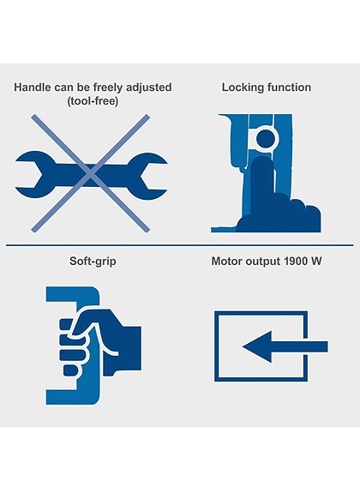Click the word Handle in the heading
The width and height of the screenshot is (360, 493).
(33, 87)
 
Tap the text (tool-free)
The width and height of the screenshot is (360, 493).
(93, 101)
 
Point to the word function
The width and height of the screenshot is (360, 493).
(289, 87)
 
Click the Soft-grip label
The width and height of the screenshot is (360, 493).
(93, 262)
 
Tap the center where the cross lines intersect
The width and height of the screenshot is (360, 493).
(91, 174)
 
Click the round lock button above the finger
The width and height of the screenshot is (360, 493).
(266, 138)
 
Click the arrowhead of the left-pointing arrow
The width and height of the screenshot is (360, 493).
(257, 346)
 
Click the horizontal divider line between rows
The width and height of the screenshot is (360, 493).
(179, 245)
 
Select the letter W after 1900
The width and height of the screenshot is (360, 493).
(315, 261)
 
